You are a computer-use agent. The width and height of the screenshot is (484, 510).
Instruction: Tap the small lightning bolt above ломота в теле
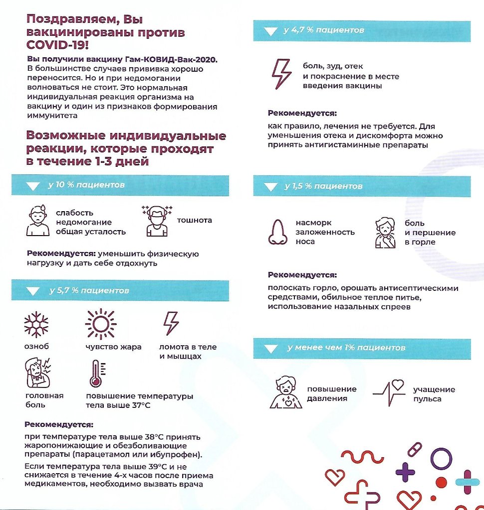tap(171, 323)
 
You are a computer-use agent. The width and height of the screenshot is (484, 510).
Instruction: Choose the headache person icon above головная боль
tap(38, 373)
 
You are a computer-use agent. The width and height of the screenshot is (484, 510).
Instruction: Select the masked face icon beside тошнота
tap(157, 220)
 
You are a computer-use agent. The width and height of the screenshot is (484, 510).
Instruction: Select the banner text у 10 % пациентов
tap(86, 185)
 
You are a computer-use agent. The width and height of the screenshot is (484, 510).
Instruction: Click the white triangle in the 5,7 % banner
tap(33, 291)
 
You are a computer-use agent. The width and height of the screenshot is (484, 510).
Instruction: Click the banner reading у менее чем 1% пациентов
tap(346, 348)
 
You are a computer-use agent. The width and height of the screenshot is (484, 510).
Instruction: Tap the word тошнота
tap(195, 220)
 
